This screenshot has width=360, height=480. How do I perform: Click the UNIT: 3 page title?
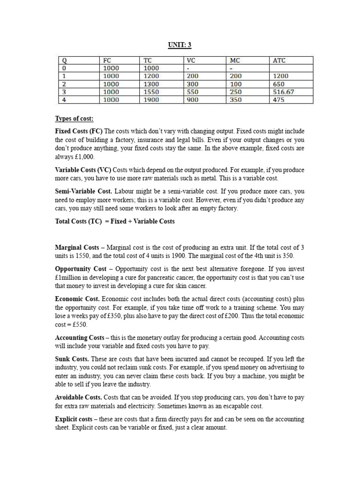[x=180, y=45]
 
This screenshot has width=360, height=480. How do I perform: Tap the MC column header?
[x=235, y=60]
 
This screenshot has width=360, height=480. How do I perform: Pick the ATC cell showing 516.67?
[x=284, y=92]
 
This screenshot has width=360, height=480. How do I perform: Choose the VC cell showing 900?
[x=192, y=100]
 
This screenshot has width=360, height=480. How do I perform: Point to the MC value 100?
[x=235, y=84]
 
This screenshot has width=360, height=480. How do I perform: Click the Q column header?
[x=62, y=60]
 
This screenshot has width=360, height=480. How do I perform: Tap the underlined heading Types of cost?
[x=75, y=119]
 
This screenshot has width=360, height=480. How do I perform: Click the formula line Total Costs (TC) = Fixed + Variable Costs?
[x=115, y=221]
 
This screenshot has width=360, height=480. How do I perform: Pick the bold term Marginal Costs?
[x=77, y=247]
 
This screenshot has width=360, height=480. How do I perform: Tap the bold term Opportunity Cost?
[x=81, y=269]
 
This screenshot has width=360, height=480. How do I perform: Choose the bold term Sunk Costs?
[x=71, y=359]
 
